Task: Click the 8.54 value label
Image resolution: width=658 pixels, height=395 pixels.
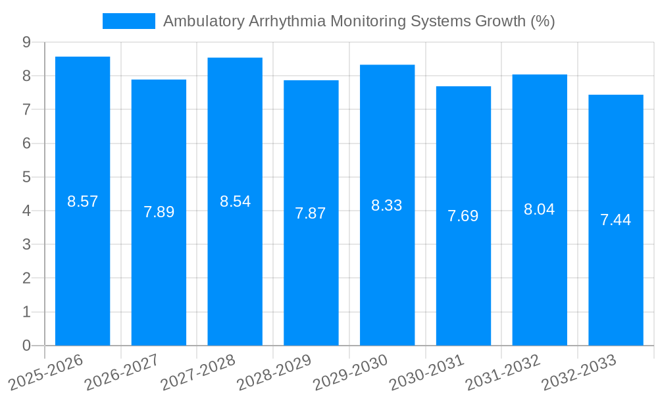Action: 235,201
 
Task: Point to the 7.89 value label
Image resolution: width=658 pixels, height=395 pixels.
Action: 159,212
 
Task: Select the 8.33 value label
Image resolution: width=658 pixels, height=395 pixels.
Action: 387,205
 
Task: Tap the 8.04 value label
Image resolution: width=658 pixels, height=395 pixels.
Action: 540,209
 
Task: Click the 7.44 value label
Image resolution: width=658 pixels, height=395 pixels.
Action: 616,220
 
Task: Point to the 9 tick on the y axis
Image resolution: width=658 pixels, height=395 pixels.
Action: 26,42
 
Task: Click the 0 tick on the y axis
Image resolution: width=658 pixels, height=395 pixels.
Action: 26,346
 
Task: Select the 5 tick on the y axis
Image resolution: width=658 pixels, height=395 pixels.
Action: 26,177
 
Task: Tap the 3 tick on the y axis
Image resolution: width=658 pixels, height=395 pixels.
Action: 26,245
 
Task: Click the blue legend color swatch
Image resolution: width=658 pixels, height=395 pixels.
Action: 129,21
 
